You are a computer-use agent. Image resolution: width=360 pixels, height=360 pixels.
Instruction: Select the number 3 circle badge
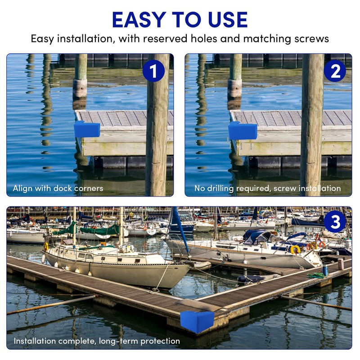click(x=334, y=221)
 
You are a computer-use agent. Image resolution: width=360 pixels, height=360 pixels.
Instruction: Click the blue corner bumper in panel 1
click(x=87, y=129)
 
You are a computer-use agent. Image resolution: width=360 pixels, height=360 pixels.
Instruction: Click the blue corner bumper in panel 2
click(x=243, y=130)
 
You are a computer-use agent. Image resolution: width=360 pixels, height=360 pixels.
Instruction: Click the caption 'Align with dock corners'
click(x=58, y=188)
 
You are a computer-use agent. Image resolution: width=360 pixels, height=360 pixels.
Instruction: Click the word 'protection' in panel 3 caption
click(x=160, y=341)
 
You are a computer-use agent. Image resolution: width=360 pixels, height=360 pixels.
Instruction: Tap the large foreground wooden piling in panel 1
click(x=157, y=135)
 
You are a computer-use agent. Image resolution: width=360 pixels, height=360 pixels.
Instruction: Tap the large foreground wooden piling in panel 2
click(x=312, y=135)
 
